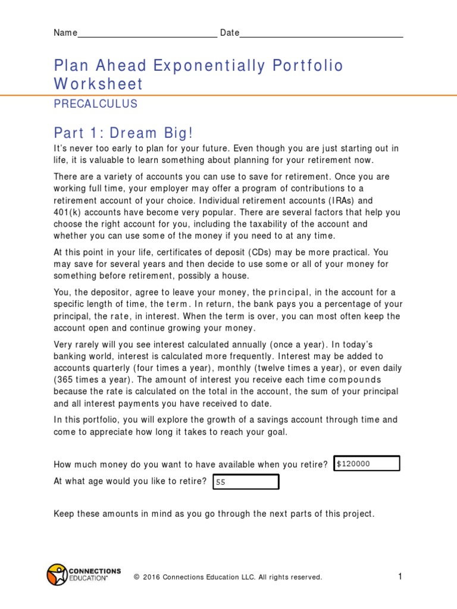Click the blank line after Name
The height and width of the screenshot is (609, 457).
[x=147, y=33]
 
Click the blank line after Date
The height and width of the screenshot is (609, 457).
[x=321, y=33]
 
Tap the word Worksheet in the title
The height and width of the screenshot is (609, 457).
[x=98, y=84]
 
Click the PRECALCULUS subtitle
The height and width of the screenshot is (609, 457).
[x=95, y=104]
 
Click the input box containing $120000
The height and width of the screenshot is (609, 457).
[x=367, y=463]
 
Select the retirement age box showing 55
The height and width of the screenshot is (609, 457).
[x=246, y=482]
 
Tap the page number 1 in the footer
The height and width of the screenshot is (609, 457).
[x=400, y=576]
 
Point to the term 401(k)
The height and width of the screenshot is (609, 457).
[x=68, y=212]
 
